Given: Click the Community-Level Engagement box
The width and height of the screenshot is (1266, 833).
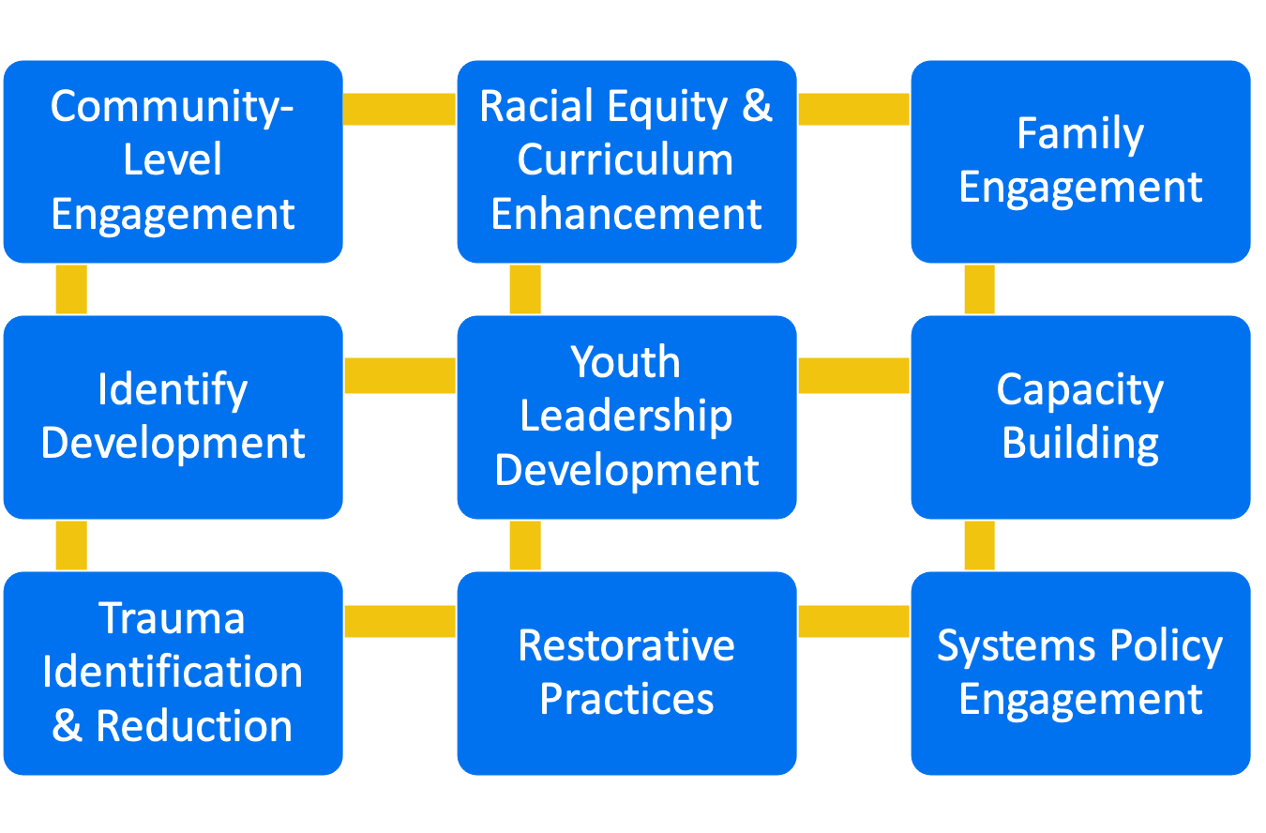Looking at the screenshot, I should coord(173,161).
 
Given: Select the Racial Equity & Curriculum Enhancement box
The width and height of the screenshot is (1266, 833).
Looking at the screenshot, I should coord(626,161).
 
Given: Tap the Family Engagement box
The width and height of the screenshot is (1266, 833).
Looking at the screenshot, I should coord(1080,161).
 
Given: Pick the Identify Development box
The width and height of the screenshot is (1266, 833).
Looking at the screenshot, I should coord(173,416).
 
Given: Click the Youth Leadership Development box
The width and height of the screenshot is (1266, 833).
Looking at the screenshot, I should coord(626,416).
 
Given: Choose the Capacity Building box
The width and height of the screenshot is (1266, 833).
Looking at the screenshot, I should coord(1080,416).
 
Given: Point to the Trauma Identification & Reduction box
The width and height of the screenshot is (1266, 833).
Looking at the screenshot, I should coord(173,673).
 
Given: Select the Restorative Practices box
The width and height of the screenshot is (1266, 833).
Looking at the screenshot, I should coord(626,673).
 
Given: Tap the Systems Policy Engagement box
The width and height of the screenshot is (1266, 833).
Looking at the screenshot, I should coord(1080,673).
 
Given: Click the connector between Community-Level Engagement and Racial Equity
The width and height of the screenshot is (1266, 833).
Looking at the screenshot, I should coord(399,109).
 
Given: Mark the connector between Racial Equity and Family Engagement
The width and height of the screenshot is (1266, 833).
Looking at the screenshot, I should coord(853,109).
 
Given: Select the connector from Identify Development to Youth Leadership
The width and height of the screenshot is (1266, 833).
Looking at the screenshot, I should coord(399,375).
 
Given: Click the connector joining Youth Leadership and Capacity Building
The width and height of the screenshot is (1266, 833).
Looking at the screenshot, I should coord(853,375).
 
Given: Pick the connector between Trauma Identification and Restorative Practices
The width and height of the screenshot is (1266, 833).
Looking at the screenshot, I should coord(399,621).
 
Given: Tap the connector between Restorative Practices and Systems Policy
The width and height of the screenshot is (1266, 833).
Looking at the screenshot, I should coord(853,621).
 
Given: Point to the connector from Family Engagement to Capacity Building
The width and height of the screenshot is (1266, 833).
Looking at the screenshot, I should coord(979,289).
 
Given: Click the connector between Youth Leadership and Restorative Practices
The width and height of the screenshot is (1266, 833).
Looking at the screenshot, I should coord(525,545).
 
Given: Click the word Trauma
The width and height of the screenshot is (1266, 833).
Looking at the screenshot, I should coord(173,619).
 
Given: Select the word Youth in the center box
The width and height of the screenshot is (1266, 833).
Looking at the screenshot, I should coord(626,362).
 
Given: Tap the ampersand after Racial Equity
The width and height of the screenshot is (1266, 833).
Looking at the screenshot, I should coord(756,106).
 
